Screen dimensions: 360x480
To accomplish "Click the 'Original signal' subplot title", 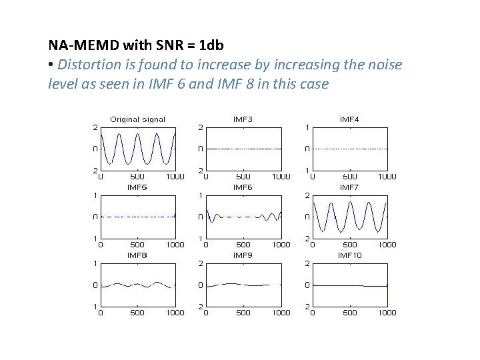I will [x=137, y=119].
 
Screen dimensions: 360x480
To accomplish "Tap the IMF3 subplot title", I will [x=243, y=119].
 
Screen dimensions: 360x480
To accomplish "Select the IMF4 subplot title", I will [x=349, y=119].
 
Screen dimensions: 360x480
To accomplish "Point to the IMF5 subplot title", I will [x=137, y=187].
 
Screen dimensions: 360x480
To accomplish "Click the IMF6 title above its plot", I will [x=243, y=187].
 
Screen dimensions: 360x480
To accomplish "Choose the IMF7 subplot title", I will [x=349, y=187].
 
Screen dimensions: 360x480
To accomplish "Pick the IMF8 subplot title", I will [x=137, y=255].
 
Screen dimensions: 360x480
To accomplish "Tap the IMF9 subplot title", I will [x=243, y=255].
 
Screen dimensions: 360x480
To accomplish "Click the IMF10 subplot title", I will [x=349, y=255].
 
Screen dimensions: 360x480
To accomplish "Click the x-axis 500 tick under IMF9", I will [x=243, y=312].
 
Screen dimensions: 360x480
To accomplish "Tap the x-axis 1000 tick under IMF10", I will [x=387, y=312].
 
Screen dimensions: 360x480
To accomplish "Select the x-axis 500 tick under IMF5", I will [x=137, y=245].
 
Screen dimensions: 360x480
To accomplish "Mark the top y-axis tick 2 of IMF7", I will [x=307, y=195].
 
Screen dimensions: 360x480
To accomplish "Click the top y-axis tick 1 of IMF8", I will [x=96, y=263].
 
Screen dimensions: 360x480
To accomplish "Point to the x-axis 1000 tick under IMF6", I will [x=281, y=245].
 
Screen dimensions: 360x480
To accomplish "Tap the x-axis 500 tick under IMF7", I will [x=350, y=245].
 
